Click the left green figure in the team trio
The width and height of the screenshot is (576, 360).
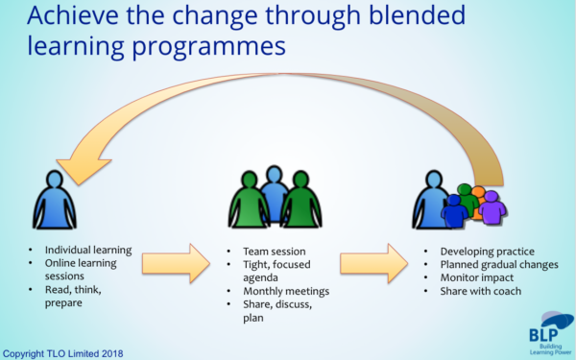pos(249,203)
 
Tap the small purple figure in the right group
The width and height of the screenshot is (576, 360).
pos(491,209)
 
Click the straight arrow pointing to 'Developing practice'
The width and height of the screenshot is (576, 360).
pos(374,262)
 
